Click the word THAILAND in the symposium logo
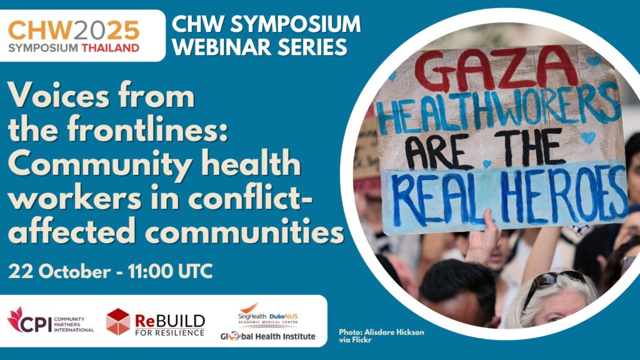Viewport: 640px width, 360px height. (x=110, y=47)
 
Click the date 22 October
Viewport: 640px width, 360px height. (x=59, y=271)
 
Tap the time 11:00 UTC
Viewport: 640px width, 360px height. (x=170, y=271)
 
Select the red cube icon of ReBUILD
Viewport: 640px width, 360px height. (x=118, y=322)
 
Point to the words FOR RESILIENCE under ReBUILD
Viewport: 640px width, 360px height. (x=170, y=332)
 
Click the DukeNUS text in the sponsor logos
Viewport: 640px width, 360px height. (x=284, y=316)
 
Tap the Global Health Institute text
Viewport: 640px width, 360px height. (x=267, y=336)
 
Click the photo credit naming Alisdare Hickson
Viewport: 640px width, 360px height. (x=381, y=336)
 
